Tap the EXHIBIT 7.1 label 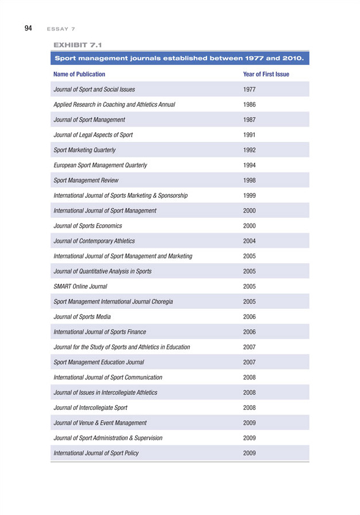pos(76,44)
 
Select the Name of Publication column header pos(79,74)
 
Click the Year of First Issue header pos(266,74)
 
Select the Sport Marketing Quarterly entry pos(85,150)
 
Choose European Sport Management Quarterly pos(100,165)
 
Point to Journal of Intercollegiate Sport pos(90,407)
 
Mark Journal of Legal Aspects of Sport pos(93,134)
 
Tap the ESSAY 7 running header pos(62,28)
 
